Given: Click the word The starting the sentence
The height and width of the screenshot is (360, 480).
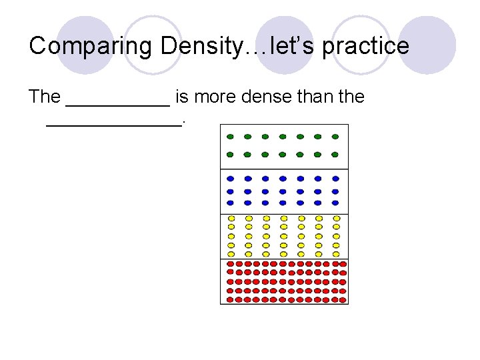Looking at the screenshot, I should coord(45,97).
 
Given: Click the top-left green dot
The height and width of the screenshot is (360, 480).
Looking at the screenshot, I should coord(230,137).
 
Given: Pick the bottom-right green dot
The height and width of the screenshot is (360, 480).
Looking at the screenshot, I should coord(335,155).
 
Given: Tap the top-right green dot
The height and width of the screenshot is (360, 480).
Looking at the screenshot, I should coord(335,137).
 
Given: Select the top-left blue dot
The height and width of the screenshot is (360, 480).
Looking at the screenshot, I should coord(230,179).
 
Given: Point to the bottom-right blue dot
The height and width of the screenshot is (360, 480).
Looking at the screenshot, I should coord(335,203).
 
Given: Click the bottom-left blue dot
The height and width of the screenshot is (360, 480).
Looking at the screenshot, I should coord(230,203).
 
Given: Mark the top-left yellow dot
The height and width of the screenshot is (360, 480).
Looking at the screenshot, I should coord(231,218).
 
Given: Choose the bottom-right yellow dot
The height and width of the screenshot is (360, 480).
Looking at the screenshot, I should coord(335,253).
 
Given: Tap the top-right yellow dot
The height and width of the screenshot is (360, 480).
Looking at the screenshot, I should coord(335,218).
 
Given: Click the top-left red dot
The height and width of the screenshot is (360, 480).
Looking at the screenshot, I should coord(230,264).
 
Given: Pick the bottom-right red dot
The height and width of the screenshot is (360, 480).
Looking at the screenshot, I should coord(343,299).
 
